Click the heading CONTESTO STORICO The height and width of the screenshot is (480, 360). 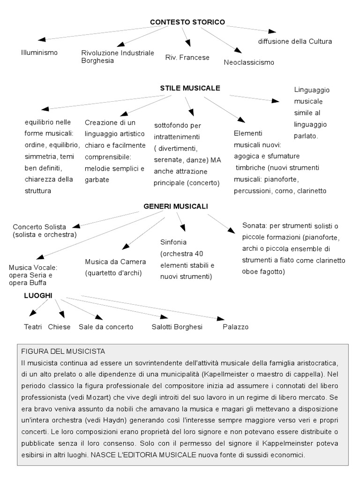pos(187,22)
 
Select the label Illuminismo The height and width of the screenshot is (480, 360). pos(39,52)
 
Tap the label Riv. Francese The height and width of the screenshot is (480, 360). pos(187,57)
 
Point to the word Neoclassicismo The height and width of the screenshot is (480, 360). pos(249,62)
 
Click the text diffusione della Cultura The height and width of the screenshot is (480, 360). pos(295,41)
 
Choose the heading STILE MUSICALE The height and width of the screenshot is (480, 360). pos(190,88)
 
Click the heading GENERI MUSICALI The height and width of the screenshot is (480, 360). pos(176,206)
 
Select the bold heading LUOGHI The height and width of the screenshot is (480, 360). pos(38,295)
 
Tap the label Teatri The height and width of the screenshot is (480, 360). pos(33,327)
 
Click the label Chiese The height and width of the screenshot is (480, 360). pos(59,327)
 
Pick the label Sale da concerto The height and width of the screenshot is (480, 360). pos(106,327)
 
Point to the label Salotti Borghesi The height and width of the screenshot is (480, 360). pos(177,327)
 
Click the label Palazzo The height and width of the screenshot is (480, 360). pos(235,327)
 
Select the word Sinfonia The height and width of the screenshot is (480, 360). pos(173,242)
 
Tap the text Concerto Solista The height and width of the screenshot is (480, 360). pos(39,227)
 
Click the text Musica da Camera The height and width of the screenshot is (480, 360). pos(115,262)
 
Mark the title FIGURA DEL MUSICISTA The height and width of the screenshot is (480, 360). pos(63,351)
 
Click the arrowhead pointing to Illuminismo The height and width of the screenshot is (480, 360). pos(42,40)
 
